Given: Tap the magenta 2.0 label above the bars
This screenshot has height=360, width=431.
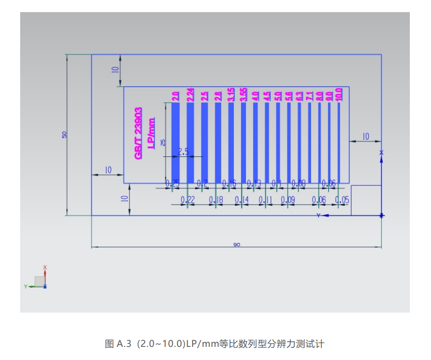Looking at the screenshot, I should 175,96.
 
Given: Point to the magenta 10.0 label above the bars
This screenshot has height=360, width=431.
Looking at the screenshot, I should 338,94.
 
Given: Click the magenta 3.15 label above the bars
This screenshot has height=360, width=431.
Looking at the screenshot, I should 231,95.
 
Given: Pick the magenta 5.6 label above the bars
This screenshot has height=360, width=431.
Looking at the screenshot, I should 289,96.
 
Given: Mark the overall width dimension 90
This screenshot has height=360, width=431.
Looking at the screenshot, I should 236,245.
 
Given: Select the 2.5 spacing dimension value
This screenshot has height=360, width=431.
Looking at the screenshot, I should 183,151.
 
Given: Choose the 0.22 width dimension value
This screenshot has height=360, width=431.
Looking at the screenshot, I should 188,200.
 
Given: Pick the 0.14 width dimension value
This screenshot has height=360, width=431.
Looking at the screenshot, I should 242,200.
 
